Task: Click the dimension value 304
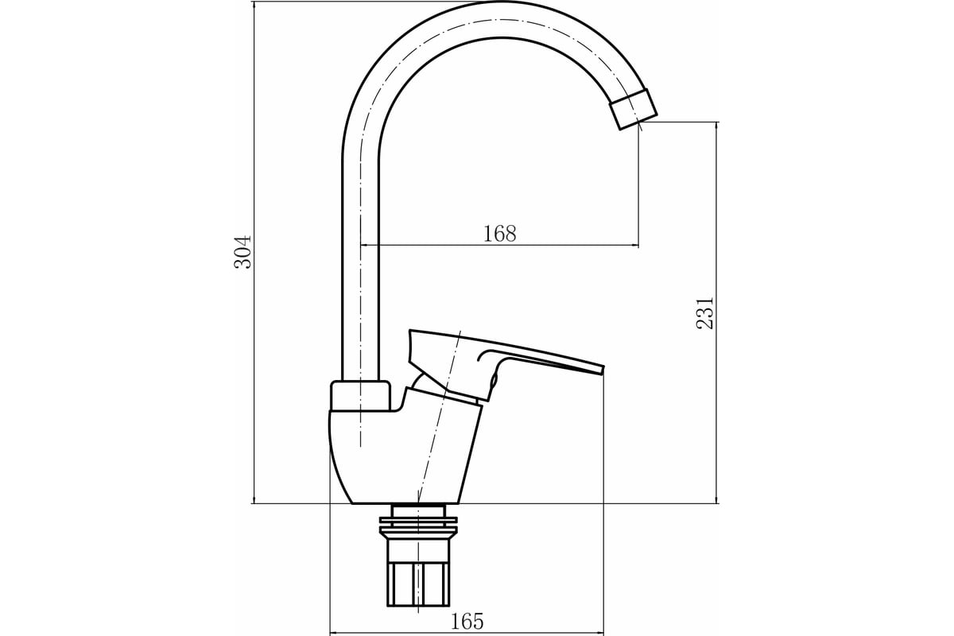click(x=243, y=252)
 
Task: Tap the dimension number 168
click(x=499, y=234)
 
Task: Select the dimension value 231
click(x=704, y=313)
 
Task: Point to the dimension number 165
click(x=467, y=622)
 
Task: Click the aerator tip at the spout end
click(x=634, y=109)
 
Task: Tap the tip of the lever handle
click(x=603, y=370)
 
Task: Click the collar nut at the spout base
click(x=361, y=396)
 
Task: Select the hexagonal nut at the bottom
click(x=418, y=584)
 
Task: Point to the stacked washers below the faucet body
click(x=418, y=526)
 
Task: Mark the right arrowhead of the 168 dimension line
click(x=635, y=246)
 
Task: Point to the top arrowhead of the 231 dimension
click(x=717, y=126)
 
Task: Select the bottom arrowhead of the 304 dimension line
click(x=254, y=499)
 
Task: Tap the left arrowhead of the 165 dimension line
click(x=335, y=634)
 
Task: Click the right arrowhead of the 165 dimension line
click(x=599, y=634)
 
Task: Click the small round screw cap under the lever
click(x=494, y=379)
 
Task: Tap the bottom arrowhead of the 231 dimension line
click(x=717, y=499)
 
